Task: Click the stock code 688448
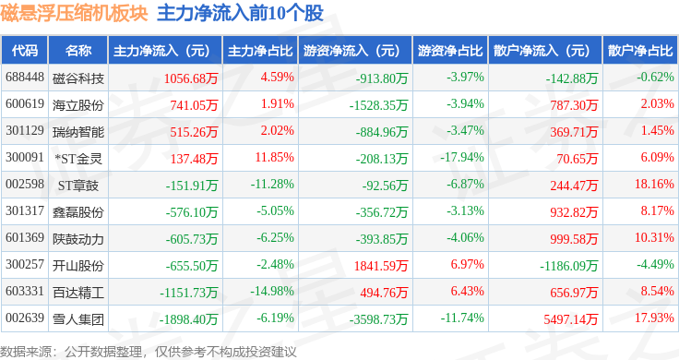click(x=25, y=78)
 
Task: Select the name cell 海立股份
click(x=78, y=105)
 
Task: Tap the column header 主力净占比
click(x=260, y=51)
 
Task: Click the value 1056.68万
click(x=191, y=78)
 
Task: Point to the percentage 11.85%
click(x=275, y=157)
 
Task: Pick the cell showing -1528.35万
click(x=379, y=105)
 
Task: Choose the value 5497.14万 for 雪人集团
click(x=571, y=319)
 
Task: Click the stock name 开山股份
click(x=78, y=266)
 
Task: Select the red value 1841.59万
click(x=381, y=266)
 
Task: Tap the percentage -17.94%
click(x=462, y=157)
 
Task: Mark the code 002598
click(x=25, y=184)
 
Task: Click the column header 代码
click(x=25, y=51)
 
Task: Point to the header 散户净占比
click(x=640, y=51)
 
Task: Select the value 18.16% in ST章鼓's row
click(x=654, y=184)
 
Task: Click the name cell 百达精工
click(x=78, y=293)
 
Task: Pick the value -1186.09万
click(x=568, y=266)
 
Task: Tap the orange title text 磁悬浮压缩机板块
click(x=74, y=13)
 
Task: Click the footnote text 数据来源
click(x=26, y=352)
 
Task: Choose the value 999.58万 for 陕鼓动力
click(x=574, y=239)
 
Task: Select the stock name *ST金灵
click(x=78, y=159)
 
